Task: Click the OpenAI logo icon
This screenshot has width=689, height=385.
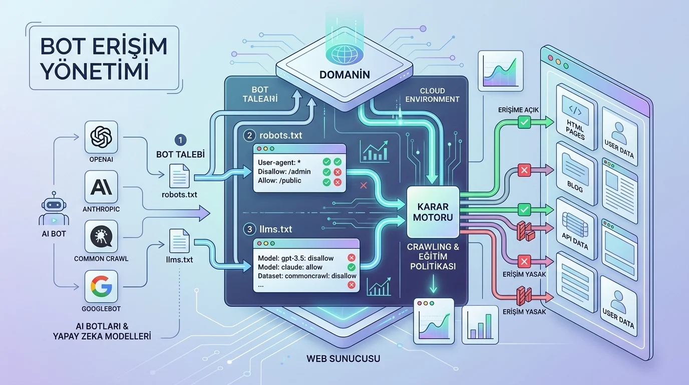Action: (101, 137)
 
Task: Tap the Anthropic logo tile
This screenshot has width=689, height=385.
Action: (101, 187)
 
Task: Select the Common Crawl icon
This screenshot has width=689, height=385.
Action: (101, 237)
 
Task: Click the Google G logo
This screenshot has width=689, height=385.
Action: (101, 286)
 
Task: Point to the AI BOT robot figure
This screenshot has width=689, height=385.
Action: (54, 209)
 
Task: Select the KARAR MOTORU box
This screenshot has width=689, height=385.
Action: (433, 212)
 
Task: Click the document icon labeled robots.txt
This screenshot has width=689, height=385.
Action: (179, 175)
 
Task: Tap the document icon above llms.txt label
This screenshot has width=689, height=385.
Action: (179, 241)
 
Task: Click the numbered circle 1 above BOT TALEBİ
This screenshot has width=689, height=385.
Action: (180, 140)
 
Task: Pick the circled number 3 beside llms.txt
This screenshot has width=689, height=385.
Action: (249, 230)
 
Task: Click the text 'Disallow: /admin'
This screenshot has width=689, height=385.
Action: (284, 171)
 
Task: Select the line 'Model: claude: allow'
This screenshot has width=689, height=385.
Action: (290, 267)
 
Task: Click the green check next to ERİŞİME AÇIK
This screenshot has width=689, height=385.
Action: (524, 122)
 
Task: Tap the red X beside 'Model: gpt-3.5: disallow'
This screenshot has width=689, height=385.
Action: (352, 258)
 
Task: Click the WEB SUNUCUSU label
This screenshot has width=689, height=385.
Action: (343, 358)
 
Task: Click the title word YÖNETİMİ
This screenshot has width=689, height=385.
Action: (95, 72)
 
